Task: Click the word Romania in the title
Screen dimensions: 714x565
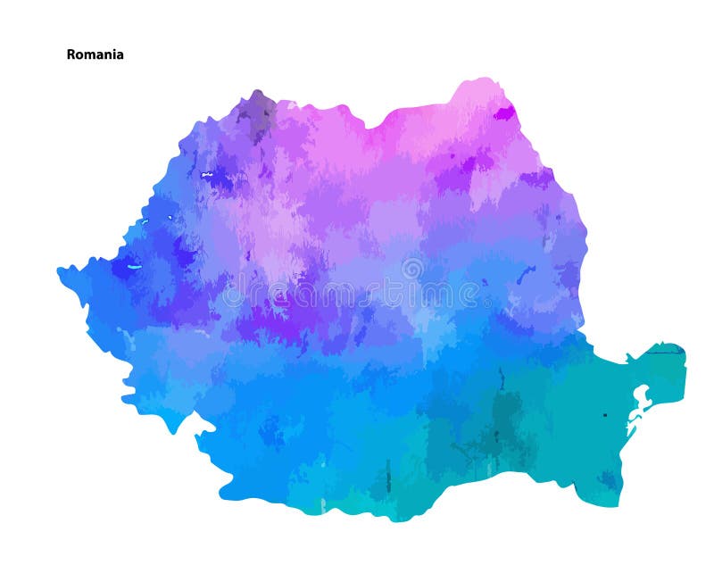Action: click(x=95, y=54)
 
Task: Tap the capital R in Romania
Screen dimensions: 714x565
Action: click(x=71, y=54)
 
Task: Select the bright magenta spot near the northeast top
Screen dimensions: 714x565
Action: click(x=504, y=113)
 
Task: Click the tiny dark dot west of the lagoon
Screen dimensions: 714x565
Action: click(x=604, y=414)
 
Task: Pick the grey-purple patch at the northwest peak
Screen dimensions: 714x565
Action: click(x=258, y=112)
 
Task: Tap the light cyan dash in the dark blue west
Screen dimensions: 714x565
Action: click(x=135, y=266)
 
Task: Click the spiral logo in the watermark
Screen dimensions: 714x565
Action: click(x=411, y=268)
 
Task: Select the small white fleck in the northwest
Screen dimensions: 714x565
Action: click(x=207, y=174)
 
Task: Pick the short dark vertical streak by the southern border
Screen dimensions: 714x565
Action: click(x=388, y=482)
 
